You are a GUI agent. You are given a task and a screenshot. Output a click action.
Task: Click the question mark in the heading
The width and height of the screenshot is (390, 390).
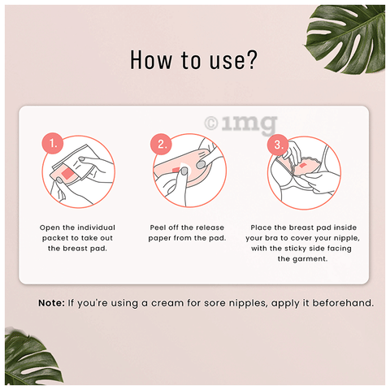pos(250,59)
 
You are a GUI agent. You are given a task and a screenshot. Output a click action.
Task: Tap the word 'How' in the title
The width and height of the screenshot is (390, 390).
pos(151,60)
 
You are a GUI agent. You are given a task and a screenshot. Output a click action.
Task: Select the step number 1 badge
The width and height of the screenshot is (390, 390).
pos(53,143)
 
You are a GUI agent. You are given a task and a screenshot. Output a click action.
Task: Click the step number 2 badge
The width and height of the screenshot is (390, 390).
pos(161,144)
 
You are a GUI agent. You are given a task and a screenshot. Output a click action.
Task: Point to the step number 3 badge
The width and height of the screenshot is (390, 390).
pos(278,145)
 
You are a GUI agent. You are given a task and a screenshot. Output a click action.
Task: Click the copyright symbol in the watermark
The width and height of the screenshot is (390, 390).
pos(211,123)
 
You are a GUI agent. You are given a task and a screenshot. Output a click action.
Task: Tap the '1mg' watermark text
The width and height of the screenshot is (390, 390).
pos(249,124)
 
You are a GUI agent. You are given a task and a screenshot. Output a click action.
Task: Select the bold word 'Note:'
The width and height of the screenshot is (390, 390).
pos(51,303)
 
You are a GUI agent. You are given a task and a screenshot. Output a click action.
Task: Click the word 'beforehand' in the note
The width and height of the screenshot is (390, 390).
pos(342,303)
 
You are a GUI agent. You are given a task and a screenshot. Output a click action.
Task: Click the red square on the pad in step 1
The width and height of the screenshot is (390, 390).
pos(67,173)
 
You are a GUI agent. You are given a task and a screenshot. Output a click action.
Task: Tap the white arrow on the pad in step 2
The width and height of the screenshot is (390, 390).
pos(187,169)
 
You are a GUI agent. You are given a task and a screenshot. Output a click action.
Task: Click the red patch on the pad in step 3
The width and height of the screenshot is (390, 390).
pos(302,165)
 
